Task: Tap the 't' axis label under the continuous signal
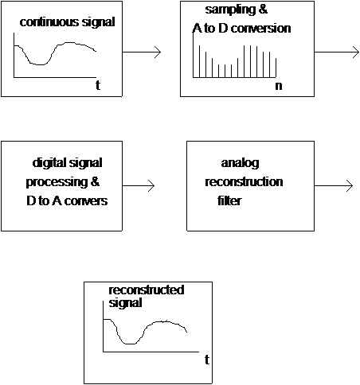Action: (98, 85)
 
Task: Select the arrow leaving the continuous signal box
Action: (142, 52)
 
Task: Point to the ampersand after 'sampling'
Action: (262, 10)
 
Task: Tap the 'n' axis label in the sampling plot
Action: (279, 86)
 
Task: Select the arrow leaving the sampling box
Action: (337, 52)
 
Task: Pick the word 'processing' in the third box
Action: (57, 183)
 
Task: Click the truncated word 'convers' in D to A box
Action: (86, 201)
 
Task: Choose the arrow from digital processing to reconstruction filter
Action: (139, 185)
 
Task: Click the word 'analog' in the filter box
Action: (240, 164)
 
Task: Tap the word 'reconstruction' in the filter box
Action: (244, 182)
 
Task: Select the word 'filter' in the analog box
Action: (229, 200)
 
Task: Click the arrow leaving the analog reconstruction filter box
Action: (334, 185)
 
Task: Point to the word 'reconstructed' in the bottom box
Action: (147, 290)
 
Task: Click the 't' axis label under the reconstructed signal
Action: (207, 360)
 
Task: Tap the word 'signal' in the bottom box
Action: (125, 303)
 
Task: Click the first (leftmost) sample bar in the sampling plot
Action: (199, 61)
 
